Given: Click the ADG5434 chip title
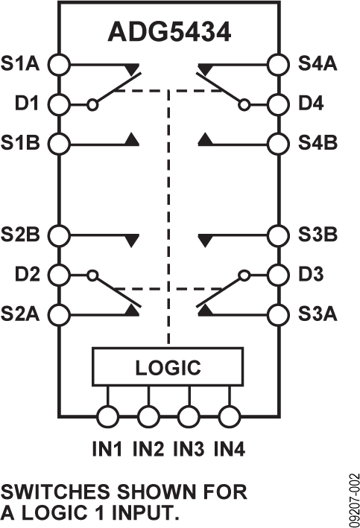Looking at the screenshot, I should [x=170, y=34].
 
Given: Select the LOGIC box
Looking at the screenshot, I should [x=168, y=367].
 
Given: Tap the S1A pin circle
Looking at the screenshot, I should [x=59, y=64].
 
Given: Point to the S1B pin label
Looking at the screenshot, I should [x=22, y=141].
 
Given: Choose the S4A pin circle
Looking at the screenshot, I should [x=279, y=64].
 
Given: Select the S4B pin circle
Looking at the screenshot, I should [x=279, y=141].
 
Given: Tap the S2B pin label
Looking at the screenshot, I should [x=22, y=235].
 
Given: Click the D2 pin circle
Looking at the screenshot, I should [x=59, y=274].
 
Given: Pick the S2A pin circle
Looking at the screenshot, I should [x=59, y=313].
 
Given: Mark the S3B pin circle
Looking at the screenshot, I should [x=279, y=235].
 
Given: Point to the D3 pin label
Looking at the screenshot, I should [x=313, y=274].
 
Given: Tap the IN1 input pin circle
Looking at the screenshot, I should [x=110, y=416].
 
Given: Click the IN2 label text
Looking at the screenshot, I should [x=149, y=449].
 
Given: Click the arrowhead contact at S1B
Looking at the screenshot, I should [x=133, y=139].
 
